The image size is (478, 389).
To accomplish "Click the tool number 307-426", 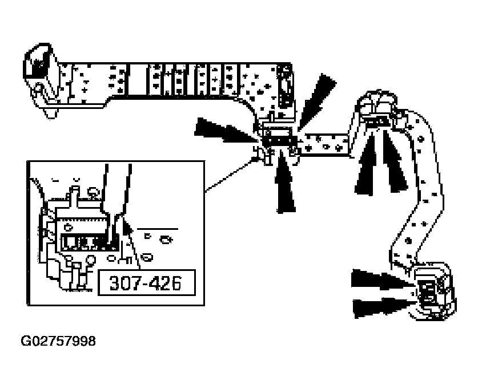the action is tap(146, 283).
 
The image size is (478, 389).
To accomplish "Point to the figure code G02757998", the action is tap(58, 341).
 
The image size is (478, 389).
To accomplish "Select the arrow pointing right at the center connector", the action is tap(226, 130).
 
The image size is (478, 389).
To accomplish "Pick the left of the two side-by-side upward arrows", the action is tap(365, 164).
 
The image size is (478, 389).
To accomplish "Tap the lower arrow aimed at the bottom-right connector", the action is tap(384, 308).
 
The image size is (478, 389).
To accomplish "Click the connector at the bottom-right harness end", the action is tap(435, 291).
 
